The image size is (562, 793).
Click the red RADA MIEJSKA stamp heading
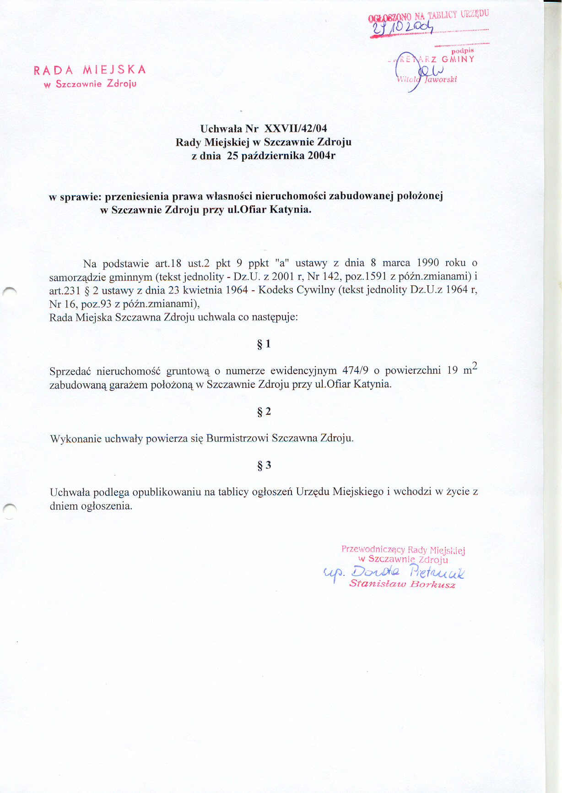[x=90, y=70]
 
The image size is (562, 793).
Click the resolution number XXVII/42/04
[x=296, y=128]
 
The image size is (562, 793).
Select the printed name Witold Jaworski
[x=427, y=79]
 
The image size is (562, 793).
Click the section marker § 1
[x=264, y=344]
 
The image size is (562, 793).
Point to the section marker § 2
[x=264, y=412]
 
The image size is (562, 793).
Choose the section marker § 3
[x=264, y=466]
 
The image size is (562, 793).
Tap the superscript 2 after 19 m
[x=474, y=365]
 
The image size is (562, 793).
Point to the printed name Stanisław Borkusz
[x=402, y=584]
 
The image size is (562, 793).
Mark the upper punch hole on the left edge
[x=10, y=290]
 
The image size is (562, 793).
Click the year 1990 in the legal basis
[x=427, y=263]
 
